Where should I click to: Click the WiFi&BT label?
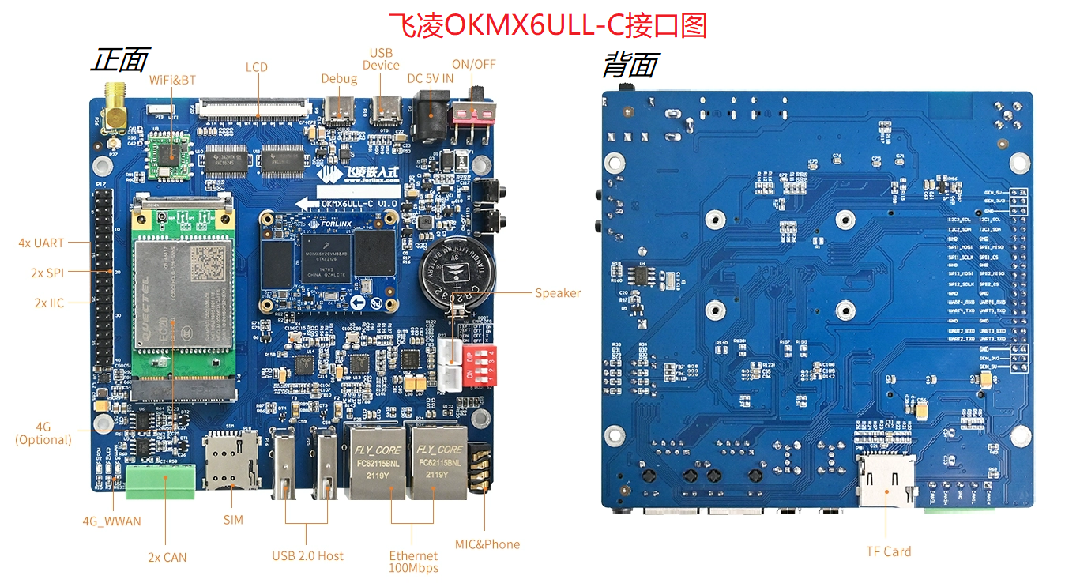click(x=172, y=80)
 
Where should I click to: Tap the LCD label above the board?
click(x=257, y=67)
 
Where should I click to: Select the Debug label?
click(x=339, y=78)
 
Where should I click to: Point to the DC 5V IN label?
click(x=431, y=78)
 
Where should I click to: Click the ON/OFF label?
click(x=474, y=64)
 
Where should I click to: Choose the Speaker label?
click(x=558, y=293)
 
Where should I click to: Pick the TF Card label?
click(x=889, y=551)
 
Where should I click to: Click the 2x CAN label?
click(x=167, y=557)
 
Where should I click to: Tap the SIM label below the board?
click(x=233, y=520)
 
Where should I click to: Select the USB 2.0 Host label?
click(x=308, y=555)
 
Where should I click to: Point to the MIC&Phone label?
click(x=487, y=544)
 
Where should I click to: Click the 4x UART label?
click(x=41, y=243)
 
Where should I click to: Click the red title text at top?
click(x=548, y=25)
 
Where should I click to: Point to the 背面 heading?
click(x=630, y=65)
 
